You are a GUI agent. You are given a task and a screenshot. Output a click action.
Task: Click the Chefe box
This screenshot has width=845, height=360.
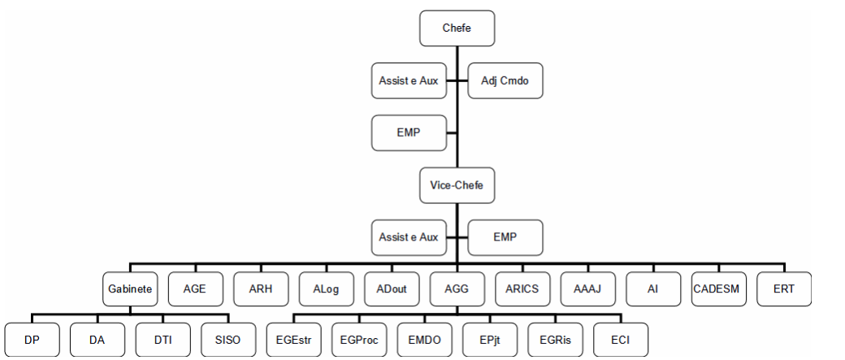(457, 28)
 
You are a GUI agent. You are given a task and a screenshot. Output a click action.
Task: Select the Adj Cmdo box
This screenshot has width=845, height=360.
(505, 80)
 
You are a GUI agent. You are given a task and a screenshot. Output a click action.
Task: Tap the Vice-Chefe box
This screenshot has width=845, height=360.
(457, 185)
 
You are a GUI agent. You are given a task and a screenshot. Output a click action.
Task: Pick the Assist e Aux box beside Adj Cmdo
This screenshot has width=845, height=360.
(409, 80)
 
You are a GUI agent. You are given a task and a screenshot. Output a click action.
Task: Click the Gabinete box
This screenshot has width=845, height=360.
(130, 288)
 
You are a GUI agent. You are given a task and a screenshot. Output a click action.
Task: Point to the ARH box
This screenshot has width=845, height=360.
(261, 288)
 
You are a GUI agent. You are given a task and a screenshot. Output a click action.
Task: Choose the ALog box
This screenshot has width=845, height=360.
(326, 288)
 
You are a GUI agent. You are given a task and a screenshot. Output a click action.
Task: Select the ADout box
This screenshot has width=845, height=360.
(392, 288)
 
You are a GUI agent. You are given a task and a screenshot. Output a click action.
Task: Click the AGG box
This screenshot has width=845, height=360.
(457, 288)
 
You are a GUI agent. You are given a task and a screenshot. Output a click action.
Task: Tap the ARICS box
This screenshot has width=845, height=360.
(522, 288)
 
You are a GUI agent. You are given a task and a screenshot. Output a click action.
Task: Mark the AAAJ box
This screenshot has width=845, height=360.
(588, 288)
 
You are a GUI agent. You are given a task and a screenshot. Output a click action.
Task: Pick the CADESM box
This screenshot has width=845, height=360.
(719, 288)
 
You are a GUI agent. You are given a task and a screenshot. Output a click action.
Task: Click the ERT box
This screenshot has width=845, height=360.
(784, 288)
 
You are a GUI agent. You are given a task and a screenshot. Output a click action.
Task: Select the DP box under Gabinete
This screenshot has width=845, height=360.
(32, 340)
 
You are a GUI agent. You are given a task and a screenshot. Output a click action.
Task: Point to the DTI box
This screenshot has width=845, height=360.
(162, 340)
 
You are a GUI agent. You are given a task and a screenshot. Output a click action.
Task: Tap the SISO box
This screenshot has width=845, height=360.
(228, 340)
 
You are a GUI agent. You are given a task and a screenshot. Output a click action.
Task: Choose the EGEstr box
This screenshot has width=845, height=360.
(293, 340)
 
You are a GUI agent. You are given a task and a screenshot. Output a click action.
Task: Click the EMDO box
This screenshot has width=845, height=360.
(425, 340)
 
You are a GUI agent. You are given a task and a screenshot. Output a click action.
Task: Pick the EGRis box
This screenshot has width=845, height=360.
(556, 340)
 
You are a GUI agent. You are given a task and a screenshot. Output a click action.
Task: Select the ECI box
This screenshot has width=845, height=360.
(621, 340)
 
